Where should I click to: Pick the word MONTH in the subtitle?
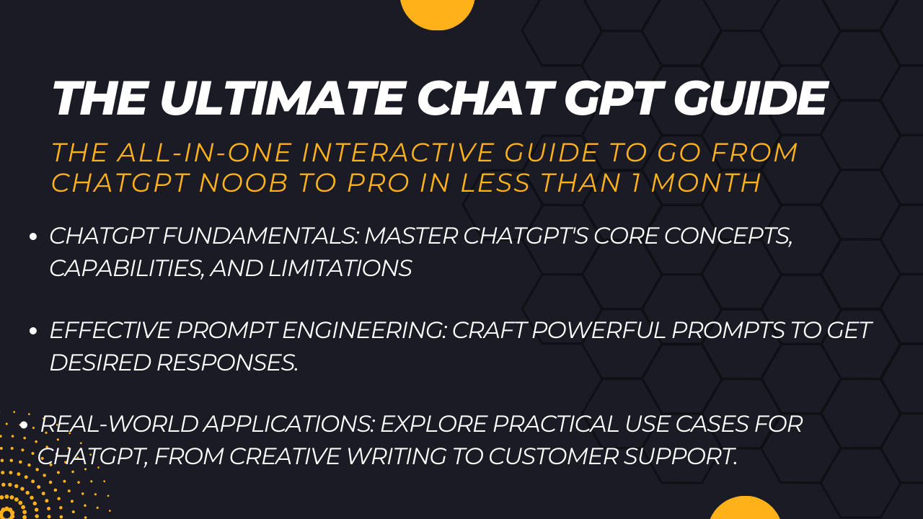click(706, 183)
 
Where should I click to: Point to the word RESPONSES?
click(226, 363)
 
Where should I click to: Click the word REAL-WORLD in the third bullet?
click(118, 425)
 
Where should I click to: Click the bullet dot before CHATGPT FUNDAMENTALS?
click(33, 237)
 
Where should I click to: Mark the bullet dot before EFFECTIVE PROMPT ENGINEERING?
click(33, 332)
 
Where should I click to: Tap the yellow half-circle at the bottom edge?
click(745, 509)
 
